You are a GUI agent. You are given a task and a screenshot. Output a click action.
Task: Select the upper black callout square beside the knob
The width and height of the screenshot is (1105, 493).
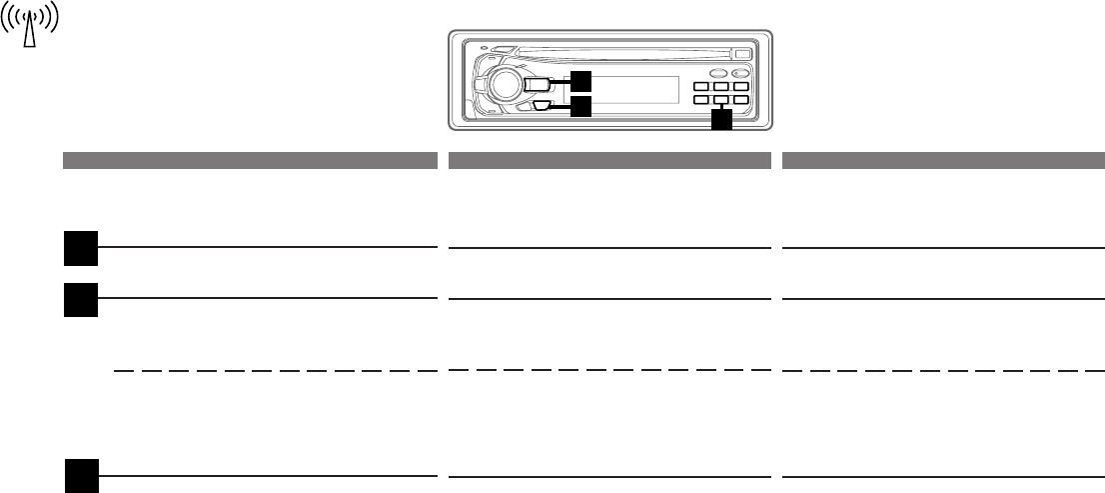[580, 80]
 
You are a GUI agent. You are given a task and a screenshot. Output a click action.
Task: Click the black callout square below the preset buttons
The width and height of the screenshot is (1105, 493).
[720, 121]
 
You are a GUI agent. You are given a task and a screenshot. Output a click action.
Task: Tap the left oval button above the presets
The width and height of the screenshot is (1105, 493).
[716, 75]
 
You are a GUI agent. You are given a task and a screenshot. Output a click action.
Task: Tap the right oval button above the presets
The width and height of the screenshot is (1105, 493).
[739, 75]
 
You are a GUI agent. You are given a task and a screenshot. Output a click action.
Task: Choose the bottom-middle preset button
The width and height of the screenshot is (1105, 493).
[720, 100]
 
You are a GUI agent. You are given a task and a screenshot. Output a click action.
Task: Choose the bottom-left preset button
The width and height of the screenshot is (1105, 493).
[701, 100]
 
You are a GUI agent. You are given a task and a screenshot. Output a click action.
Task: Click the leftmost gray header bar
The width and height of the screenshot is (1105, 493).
[250, 159]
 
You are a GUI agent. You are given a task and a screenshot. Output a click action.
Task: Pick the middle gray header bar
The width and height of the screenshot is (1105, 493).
[610, 159]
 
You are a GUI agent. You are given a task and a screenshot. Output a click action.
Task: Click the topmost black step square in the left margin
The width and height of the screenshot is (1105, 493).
[82, 247]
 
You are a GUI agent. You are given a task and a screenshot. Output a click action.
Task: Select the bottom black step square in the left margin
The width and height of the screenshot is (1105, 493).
[82, 475]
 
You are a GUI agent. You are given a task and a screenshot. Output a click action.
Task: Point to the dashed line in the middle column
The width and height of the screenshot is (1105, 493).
[610, 371]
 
